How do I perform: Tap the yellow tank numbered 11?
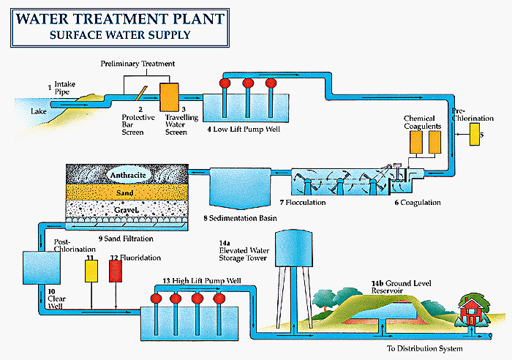[91, 272]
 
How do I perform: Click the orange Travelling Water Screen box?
[169, 97]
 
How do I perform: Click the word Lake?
[39, 112]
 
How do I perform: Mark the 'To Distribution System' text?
[424, 348]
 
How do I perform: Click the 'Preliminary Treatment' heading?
[138, 64]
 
